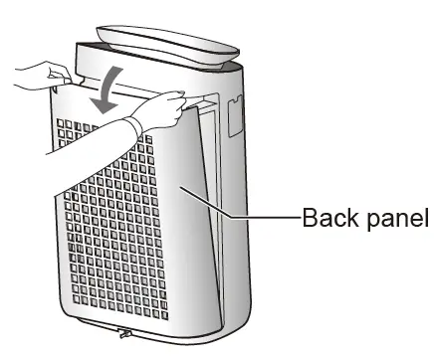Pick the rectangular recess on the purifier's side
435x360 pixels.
click(x=236, y=113)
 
